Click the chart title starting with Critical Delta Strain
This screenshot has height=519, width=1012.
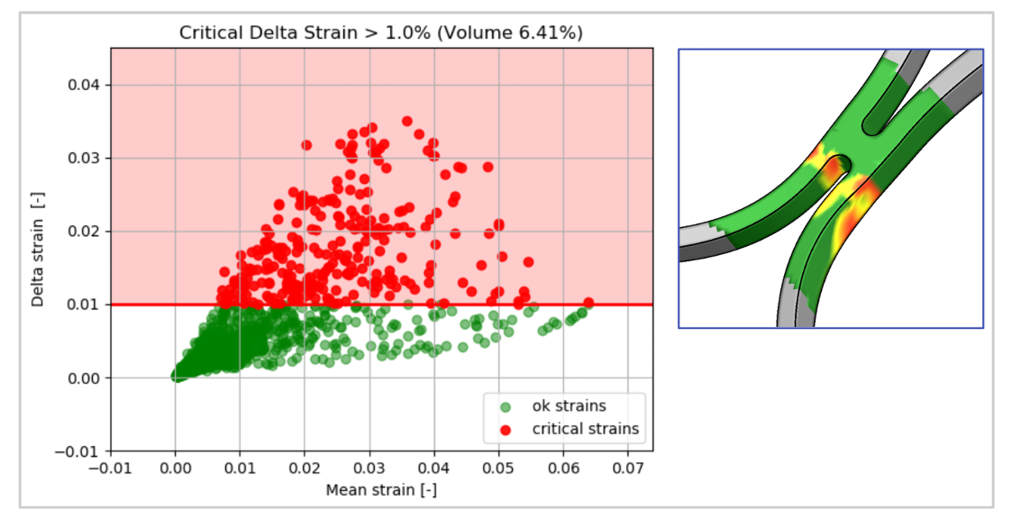coord(381,33)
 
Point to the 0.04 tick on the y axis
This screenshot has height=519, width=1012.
coord(89,85)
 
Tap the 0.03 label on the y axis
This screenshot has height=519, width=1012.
coord(89,159)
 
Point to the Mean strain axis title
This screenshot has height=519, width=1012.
coord(381,491)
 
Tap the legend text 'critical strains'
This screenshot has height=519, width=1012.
coord(585,429)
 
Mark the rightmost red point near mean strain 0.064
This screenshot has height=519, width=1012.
coord(588,303)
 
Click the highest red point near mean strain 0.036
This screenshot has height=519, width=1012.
coord(407,121)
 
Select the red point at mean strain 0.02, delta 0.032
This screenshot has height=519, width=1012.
coord(306,144)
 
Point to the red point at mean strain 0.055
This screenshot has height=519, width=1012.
coord(528,262)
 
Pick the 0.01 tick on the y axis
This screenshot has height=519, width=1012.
coord(89,305)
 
